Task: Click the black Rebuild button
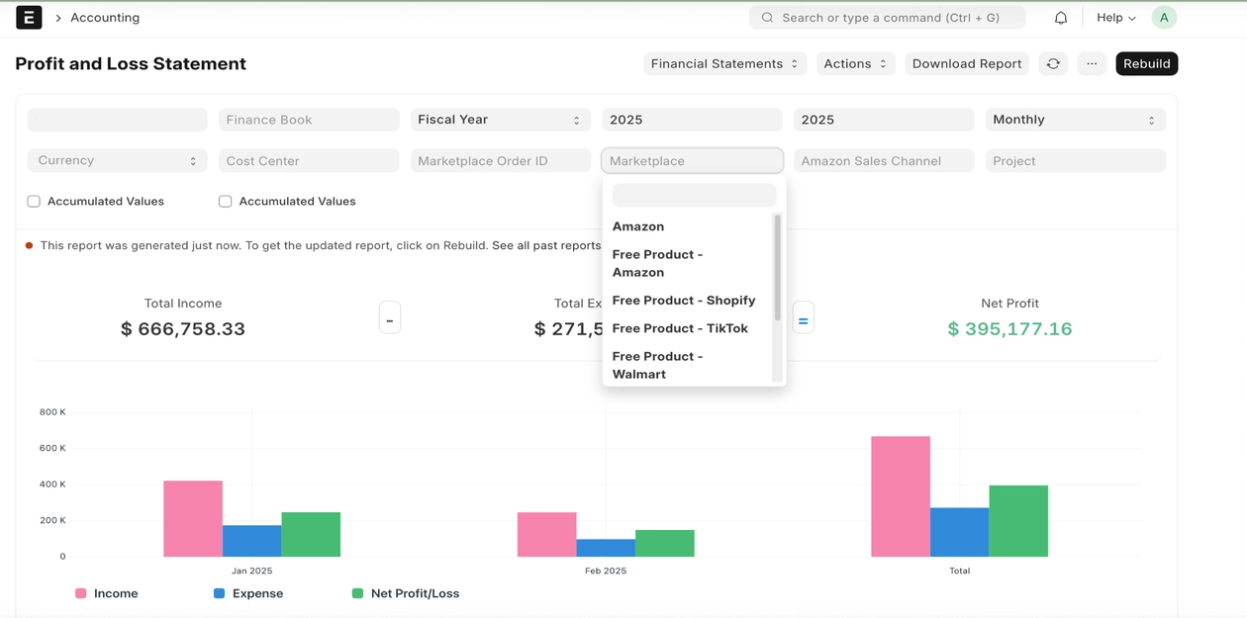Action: pyautogui.click(x=1146, y=63)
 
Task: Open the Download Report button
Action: pyautogui.click(x=966, y=63)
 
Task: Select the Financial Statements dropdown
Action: pyautogui.click(x=724, y=63)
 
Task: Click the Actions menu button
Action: pyautogui.click(x=855, y=63)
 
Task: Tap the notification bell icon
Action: pyautogui.click(x=1061, y=18)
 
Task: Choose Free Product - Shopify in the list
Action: pyautogui.click(x=684, y=301)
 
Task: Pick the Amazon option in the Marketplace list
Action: pyautogui.click(x=638, y=226)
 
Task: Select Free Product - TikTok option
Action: pyautogui.click(x=680, y=328)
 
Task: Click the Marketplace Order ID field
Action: pyautogui.click(x=501, y=160)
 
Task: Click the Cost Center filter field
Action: pyautogui.click(x=309, y=160)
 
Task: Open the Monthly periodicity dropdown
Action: pyautogui.click(x=1075, y=120)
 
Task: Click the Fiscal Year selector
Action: pyautogui.click(x=501, y=120)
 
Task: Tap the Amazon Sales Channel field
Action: pyautogui.click(x=884, y=160)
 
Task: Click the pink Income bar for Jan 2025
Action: pyautogui.click(x=193, y=518)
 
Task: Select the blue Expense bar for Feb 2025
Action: pyautogui.click(x=606, y=548)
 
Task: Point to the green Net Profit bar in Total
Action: pyautogui.click(x=1018, y=520)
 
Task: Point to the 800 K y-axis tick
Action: pyautogui.click(x=52, y=412)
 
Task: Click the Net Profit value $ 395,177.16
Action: pyautogui.click(x=1009, y=329)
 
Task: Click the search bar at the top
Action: pyautogui.click(x=888, y=18)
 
